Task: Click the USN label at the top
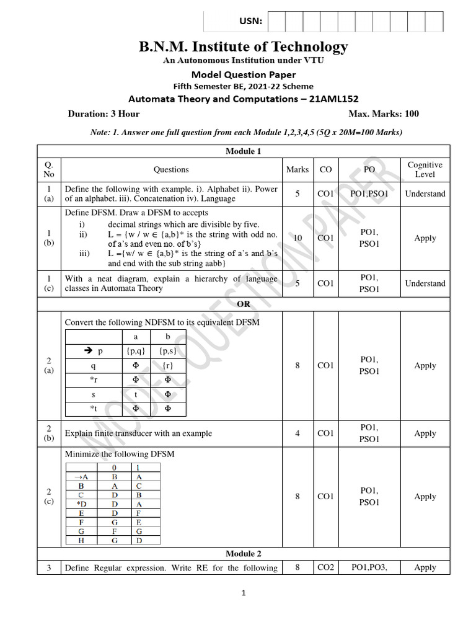pos(251,22)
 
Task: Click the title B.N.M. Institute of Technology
pos(243,47)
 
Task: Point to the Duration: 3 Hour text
pos(103,113)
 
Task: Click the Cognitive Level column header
pos(425,169)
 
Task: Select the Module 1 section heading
pos(243,151)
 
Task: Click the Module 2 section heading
pos(243,553)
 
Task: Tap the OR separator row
pos(243,304)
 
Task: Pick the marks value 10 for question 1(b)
pos(297,238)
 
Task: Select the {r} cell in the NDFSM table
pos(167,366)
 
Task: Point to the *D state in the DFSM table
pos(81,505)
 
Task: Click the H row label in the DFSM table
pos(81,540)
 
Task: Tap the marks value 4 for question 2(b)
pos(297,433)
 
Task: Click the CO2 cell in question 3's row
pos(325,567)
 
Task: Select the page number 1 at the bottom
pos(244,593)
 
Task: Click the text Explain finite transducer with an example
pos(138,433)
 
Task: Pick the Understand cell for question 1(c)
pos(425,283)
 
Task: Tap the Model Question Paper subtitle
pos(243,75)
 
